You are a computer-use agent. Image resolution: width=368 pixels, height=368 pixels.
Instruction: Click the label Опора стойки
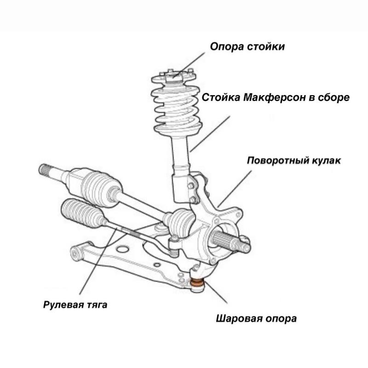[247, 46]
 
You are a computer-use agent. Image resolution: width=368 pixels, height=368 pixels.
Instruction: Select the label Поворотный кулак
[294, 161]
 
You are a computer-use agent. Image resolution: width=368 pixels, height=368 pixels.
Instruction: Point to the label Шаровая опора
[256, 318]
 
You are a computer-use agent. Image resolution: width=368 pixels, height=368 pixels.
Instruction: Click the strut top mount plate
[178, 76]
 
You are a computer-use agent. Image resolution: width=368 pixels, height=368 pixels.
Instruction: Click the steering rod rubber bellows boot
[83, 213]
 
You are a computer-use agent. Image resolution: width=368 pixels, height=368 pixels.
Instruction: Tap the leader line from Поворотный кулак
[235, 189]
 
